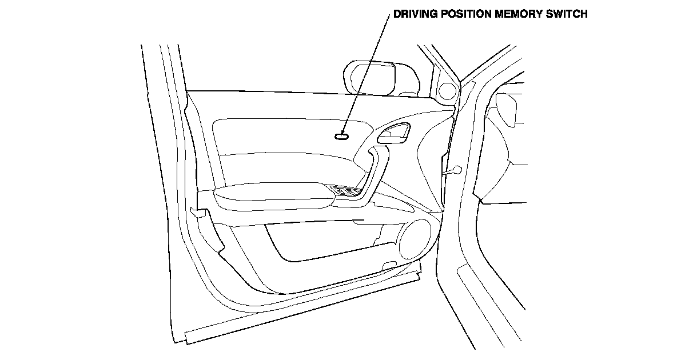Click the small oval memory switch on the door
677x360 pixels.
tap(343, 135)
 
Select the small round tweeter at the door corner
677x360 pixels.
tap(448, 91)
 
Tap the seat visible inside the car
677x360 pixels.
tap(509, 143)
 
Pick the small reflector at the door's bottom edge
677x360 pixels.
tap(389, 264)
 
